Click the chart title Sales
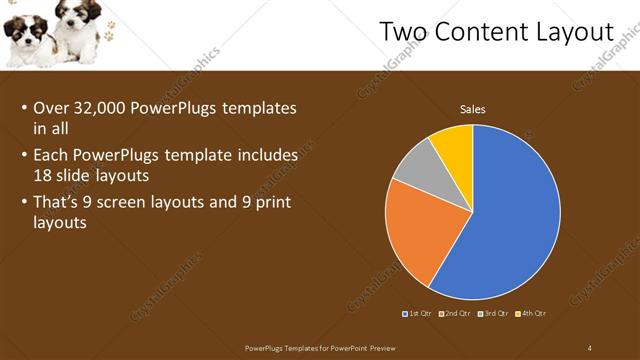pyautogui.click(x=472, y=109)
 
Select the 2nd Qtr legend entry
pyautogui.click(x=453, y=314)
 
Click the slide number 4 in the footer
pyautogui.click(x=590, y=348)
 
